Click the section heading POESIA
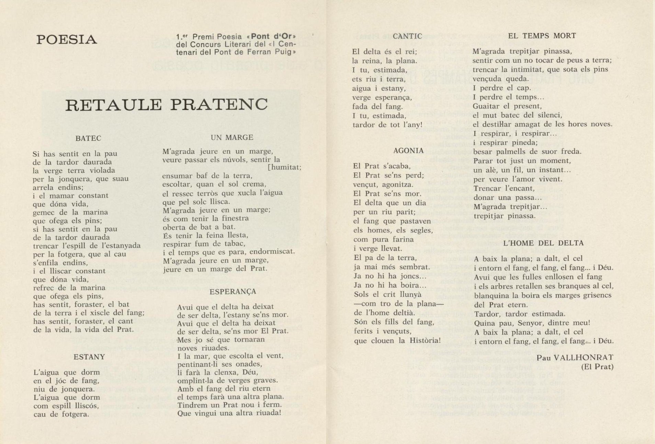67,40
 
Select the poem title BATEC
88,139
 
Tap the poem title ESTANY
89,357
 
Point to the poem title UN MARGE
232,138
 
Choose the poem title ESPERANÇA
233,292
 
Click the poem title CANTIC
407,36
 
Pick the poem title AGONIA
408,151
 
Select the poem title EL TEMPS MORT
542,36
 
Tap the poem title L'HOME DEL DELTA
543,243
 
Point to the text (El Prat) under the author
597,367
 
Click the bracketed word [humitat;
284,167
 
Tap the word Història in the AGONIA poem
424,341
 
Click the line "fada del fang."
377,107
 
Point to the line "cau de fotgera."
61,415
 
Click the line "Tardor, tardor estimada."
519,314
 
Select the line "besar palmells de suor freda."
527,152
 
